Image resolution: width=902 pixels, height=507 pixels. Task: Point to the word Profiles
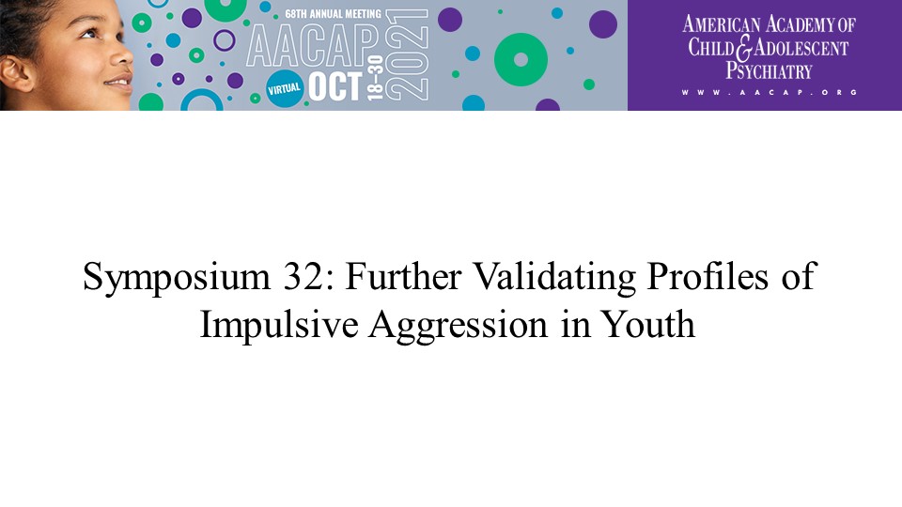tap(708, 276)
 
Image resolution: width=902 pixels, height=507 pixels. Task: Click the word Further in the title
tap(403, 276)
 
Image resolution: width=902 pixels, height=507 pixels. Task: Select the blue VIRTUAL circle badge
tap(284, 89)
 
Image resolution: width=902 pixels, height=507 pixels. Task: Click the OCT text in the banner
tap(335, 86)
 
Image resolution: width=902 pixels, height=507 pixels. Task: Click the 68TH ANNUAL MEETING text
tap(333, 14)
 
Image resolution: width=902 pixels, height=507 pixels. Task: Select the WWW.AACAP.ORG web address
tap(770, 92)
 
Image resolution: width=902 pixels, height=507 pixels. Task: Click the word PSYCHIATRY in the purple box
tap(769, 70)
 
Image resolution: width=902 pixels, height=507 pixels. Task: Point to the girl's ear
tap(16, 73)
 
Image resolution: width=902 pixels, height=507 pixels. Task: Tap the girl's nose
tap(122, 55)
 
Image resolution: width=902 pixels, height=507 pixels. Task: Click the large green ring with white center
tap(521, 60)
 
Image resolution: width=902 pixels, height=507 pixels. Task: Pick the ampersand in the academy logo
tap(744, 48)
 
